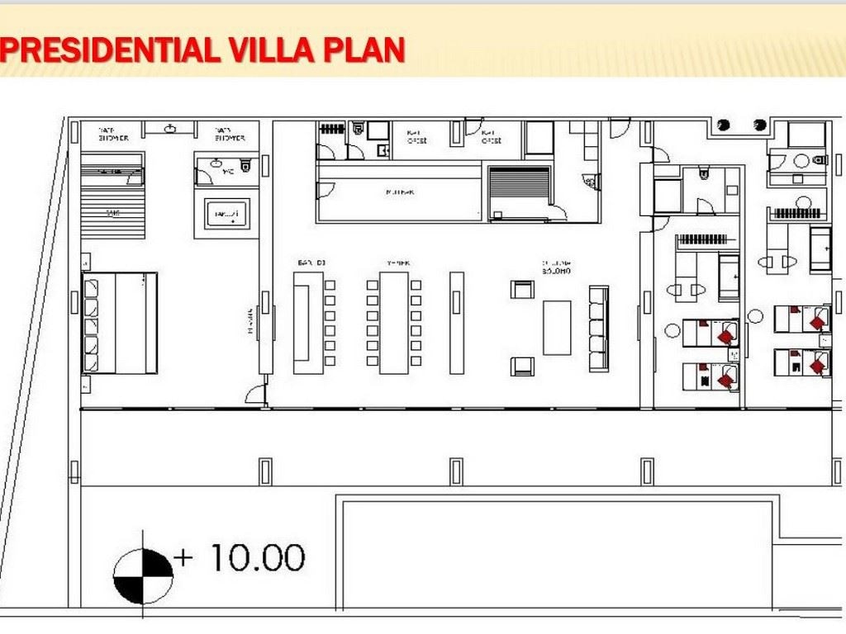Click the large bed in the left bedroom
120,323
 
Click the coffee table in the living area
557,328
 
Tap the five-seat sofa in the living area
598,328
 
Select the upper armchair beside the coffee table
521,289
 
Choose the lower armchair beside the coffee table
521,366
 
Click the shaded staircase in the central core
519,192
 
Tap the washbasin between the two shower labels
171,129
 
